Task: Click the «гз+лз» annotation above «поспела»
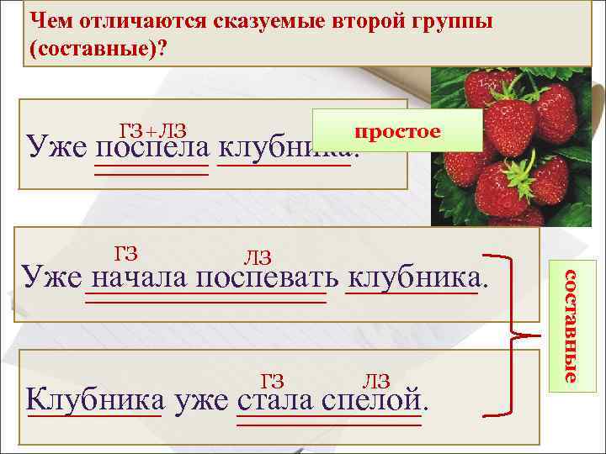(x=152, y=129)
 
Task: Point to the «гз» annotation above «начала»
(x=126, y=251)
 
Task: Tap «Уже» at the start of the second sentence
(x=50, y=277)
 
